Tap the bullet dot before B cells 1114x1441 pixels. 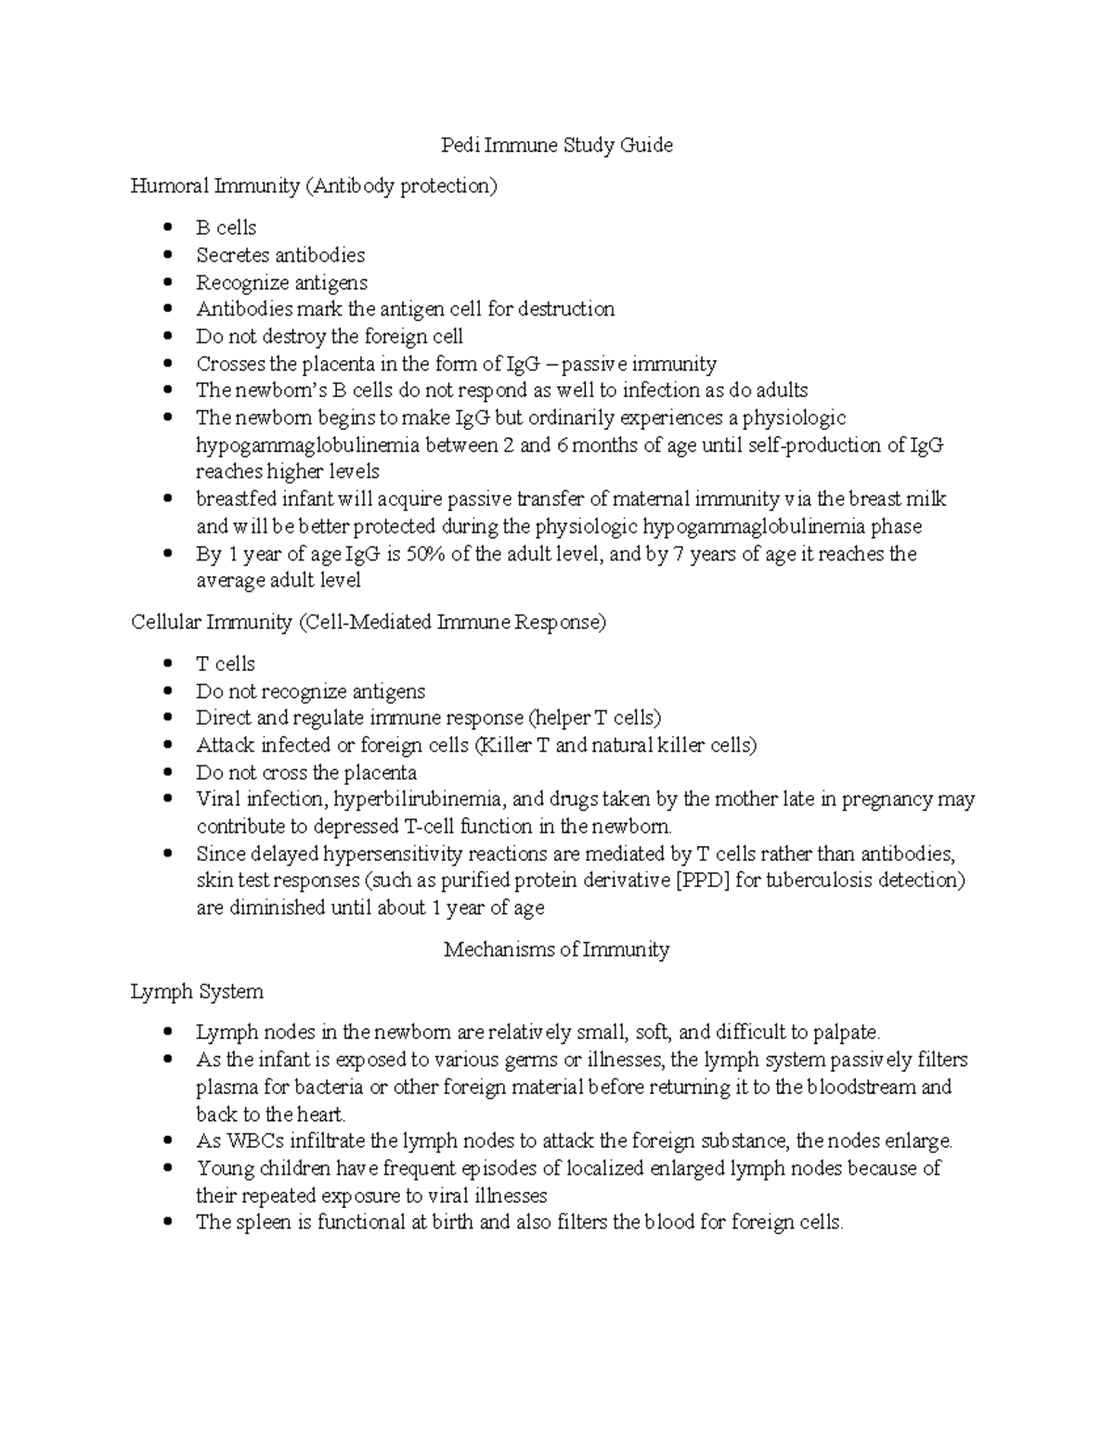click(x=167, y=228)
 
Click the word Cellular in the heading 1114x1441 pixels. click(x=164, y=623)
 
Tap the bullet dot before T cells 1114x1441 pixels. click(x=167, y=664)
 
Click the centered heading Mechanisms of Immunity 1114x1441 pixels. click(x=556, y=950)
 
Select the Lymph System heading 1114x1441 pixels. click(x=197, y=992)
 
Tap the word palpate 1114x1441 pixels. click(x=846, y=1033)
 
